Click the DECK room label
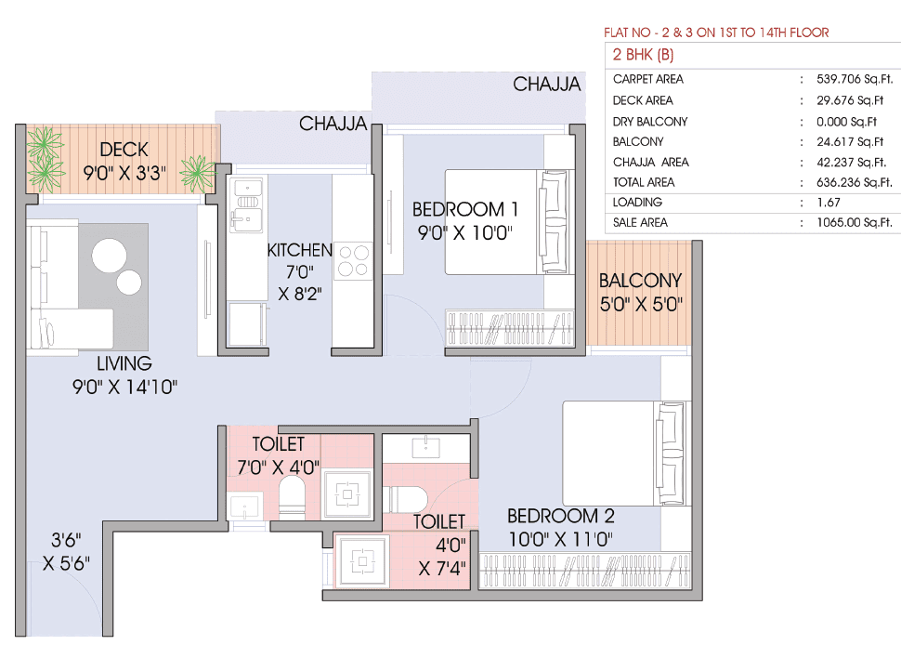124,149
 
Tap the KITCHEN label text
299,250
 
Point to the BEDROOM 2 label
560,517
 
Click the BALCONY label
640,280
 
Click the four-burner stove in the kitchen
353,260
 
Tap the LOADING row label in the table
637,203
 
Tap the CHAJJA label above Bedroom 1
547,85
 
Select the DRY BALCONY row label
650,122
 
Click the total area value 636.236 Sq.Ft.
851,183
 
